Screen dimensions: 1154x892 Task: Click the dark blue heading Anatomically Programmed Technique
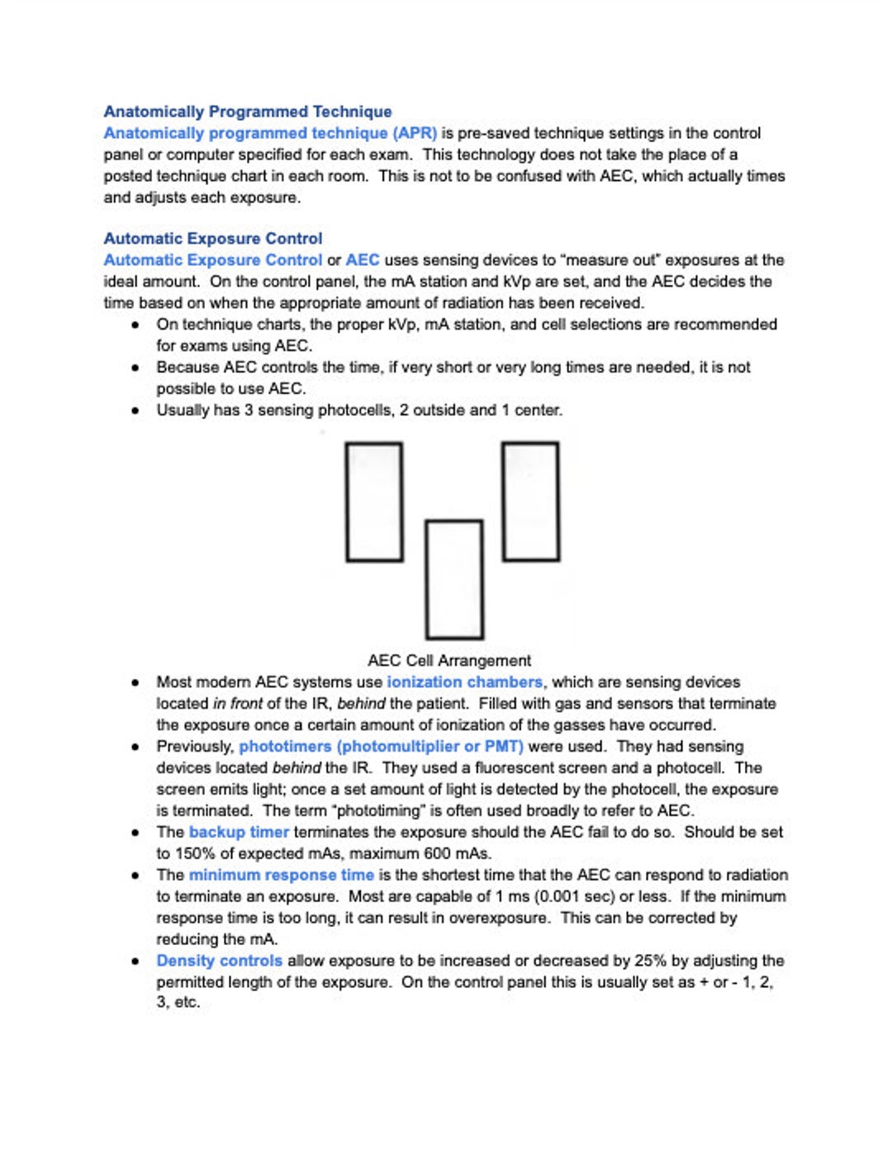click(x=248, y=112)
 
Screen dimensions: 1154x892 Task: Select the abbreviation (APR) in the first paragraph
click(x=415, y=133)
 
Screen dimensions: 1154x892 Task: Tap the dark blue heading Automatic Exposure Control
click(x=213, y=239)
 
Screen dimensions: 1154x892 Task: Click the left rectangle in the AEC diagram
click(x=374, y=501)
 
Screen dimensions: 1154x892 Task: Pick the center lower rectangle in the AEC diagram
click(x=453, y=579)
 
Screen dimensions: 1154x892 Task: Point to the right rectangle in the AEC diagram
click(x=530, y=501)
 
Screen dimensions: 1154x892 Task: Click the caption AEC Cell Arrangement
click(x=449, y=661)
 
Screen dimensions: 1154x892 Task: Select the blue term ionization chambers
click(x=464, y=682)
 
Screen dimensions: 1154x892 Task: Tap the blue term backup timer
click(x=239, y=833)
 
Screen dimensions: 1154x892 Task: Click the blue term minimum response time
click(x=281, y=876)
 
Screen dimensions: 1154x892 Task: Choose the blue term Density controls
click(x=219, y=962)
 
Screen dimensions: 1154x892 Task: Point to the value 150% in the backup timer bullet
click(x=192, y=854)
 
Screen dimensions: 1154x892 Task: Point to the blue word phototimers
click(x=285, y=747)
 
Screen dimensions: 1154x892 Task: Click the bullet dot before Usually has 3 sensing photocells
click(x=135, y=411)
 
